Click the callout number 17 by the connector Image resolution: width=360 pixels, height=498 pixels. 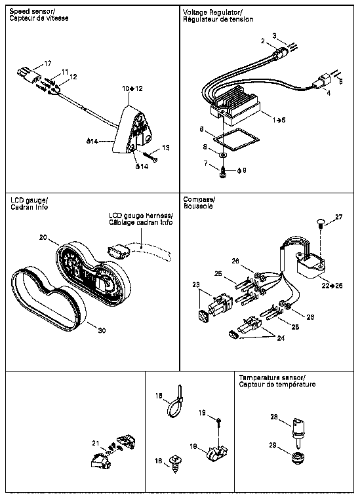click(47, 64)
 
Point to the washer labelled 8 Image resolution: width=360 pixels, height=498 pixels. click(223, 155)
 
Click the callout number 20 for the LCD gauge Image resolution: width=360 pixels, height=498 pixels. click(43, 237)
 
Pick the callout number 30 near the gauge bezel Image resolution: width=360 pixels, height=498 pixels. click(102, 331)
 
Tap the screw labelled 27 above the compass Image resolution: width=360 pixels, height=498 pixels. click(320, 222)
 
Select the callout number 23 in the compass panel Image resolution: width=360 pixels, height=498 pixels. click(195, 284)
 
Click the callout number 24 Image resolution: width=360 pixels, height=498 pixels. click(281, 338)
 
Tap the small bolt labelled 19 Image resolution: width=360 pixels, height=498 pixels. click(219, 421)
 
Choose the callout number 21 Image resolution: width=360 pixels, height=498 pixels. click(96, 443)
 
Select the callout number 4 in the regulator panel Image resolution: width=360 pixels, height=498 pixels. click(329, 94)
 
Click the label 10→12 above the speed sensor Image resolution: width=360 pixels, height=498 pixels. click(132, 88)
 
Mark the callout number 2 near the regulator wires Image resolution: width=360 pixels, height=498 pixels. click(263, 41)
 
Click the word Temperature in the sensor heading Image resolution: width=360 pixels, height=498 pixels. click(255, 377)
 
